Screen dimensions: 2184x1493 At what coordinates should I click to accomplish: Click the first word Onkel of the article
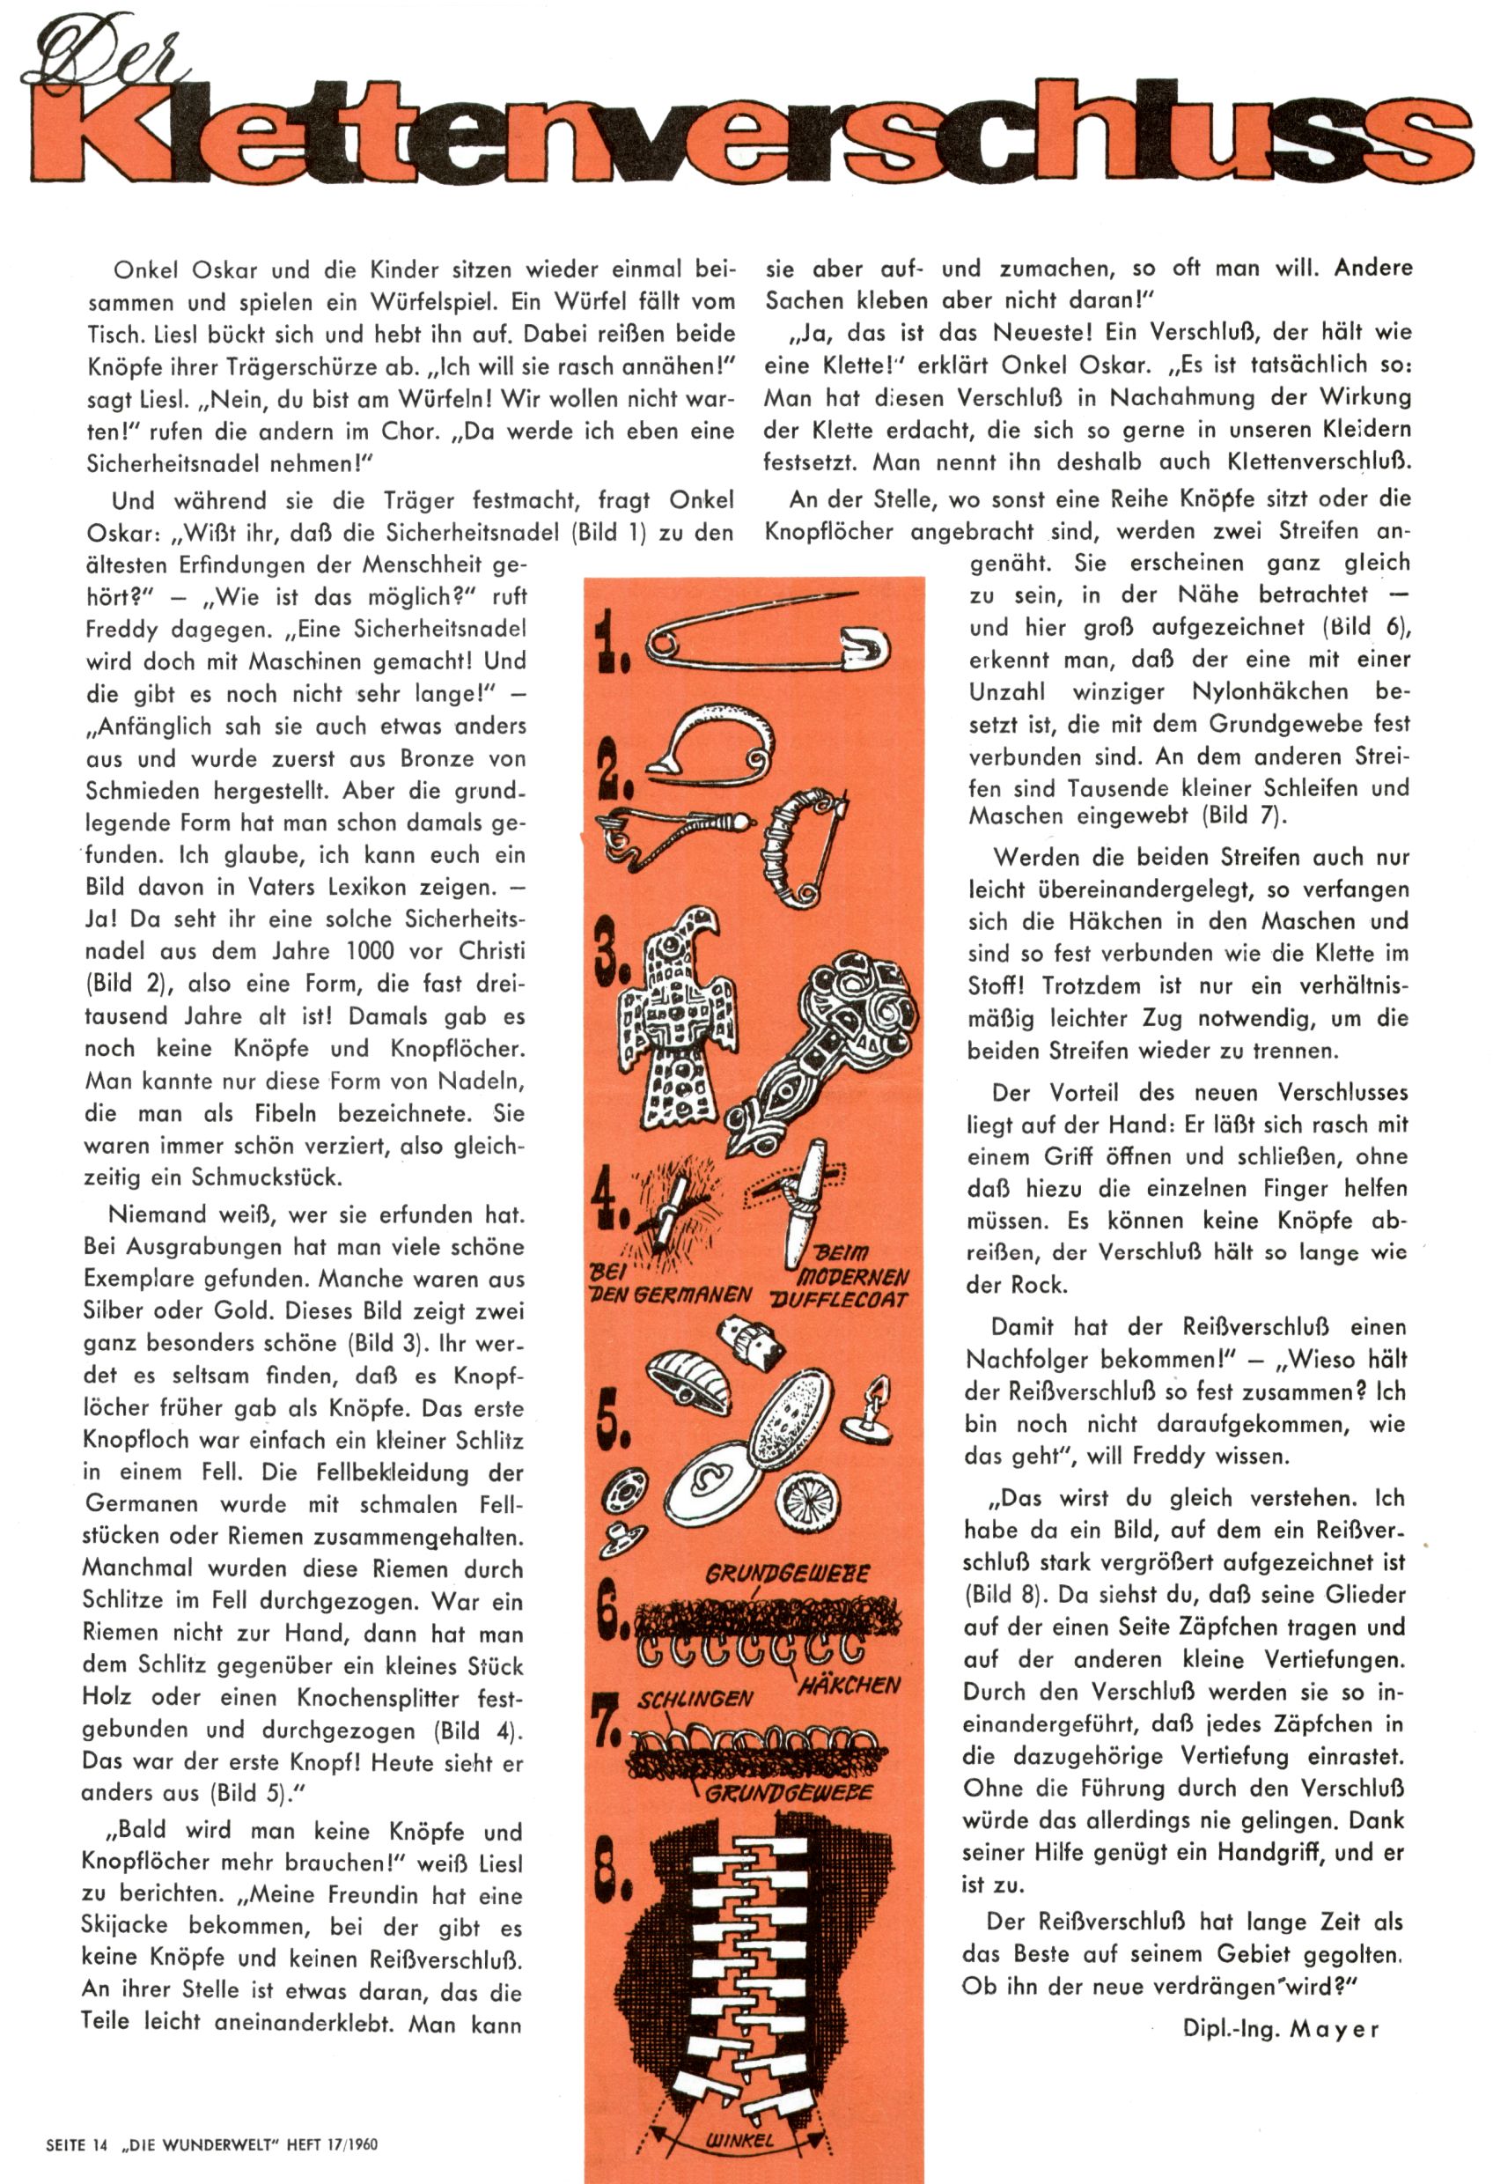(x=145, y=270)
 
